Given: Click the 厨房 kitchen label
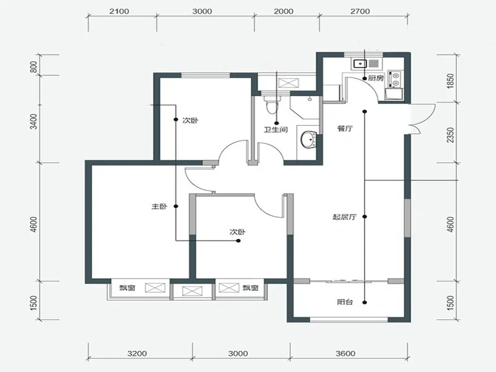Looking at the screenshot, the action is point(376,78).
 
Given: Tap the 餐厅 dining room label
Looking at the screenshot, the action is point(345,129).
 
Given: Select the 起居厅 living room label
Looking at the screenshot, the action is point(345,217).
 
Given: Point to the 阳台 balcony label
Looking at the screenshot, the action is point(345,302).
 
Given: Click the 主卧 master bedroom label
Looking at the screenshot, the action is point(159,206).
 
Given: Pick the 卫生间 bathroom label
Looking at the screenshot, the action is point(276,130).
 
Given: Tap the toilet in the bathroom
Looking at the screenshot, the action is point(272,105).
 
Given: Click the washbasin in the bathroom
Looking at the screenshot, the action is point(309,139).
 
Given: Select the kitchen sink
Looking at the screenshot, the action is point(360,64).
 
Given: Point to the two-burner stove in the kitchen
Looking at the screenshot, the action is point(396,79).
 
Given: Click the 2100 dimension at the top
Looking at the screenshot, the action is point(119,11).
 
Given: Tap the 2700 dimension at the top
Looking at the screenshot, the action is point(360,11).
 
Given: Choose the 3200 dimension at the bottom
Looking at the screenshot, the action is point(137,353).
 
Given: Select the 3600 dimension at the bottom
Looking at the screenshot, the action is point(345,353).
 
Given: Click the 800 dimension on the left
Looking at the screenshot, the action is point(33,67).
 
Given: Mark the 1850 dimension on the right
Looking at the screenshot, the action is point(451,81).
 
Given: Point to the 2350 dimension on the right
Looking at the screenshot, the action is point(451,135).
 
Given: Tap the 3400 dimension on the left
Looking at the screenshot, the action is point(33,121).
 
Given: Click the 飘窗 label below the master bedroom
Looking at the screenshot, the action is point(127,288).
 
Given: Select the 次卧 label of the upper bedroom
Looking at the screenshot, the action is point(190,120).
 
